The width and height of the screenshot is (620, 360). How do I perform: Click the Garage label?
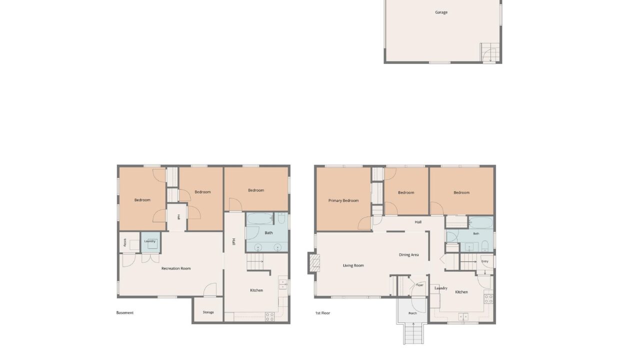pos(441,12)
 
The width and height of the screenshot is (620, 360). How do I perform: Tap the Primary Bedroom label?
pos(343,200)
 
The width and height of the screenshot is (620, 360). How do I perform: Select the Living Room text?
pos(353,265)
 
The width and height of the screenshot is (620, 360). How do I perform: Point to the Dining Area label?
pos(408,255)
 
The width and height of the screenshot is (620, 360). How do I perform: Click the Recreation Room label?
pos(176,268)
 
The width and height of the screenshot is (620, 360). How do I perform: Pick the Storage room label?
pos(208,312)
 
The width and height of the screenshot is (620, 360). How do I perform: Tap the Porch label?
pos(412,313)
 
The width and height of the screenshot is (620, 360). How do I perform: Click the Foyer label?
pos(419,285)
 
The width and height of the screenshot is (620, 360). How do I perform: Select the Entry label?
pos(484,261)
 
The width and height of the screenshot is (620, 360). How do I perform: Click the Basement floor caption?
pos(125,312)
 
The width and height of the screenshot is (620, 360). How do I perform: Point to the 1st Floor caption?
pos(322,313)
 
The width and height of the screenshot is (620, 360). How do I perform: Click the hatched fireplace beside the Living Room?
pos(314,263)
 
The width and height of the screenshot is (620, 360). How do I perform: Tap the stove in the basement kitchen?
pos(269,316)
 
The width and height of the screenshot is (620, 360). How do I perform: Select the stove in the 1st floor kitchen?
pos(488,299)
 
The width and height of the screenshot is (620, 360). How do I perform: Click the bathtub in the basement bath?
pos(259,218)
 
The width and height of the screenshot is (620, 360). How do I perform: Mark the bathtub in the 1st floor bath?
pos(481,222)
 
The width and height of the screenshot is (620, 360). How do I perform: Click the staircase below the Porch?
pos(413,333)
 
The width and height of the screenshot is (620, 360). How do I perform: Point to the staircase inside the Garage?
pos(490,52)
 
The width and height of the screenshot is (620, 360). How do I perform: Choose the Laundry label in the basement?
pos(149,241)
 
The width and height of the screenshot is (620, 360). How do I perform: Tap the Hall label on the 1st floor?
pos(418,222)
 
